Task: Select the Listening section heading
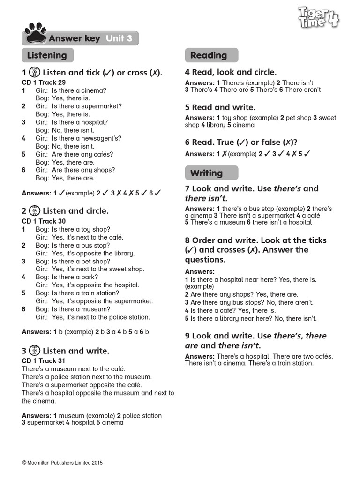click(47, 55)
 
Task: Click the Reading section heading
click(209, 55)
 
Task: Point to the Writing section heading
click(206, 173)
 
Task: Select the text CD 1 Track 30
click(44, 221)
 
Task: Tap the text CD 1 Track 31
click(44, 361)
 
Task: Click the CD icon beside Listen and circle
click(35, 210)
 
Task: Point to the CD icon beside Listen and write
click(35, 350)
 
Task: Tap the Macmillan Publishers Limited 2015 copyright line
click(62, 463)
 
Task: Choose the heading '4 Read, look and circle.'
click(231, 72)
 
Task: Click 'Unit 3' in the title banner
click(119, 38)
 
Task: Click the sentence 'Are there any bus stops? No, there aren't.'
click(249, 302)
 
